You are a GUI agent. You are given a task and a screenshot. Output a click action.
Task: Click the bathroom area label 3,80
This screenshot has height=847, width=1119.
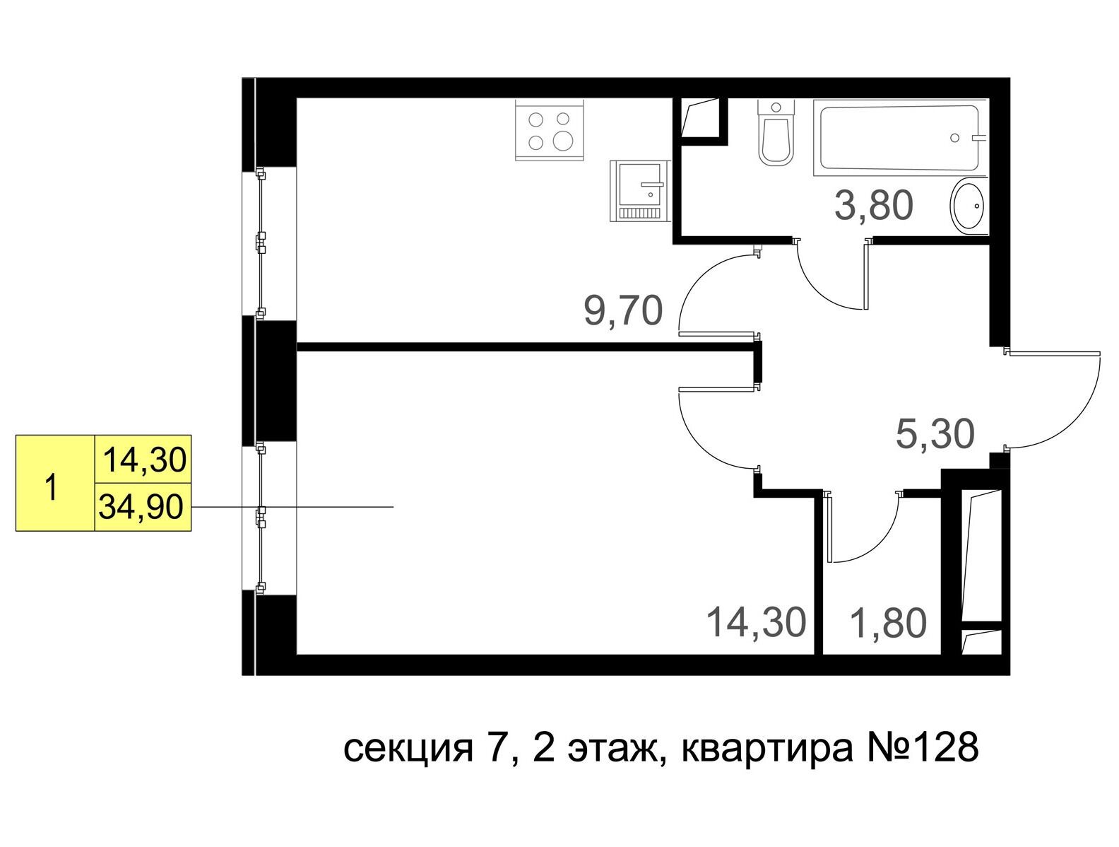[x=873, y=205]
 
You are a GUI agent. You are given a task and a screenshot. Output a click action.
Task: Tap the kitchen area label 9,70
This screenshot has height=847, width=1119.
[x=623, y=311]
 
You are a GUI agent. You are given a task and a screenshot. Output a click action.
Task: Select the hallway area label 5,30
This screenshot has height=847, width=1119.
[x=935, y=433]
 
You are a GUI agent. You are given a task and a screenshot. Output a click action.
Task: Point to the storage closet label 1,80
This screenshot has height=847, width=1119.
[x=889, y=623]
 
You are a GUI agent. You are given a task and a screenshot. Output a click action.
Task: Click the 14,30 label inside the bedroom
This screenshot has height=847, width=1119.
[x=757, y=623]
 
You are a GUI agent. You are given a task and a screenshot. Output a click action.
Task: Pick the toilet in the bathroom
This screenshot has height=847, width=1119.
[x=776, y=133]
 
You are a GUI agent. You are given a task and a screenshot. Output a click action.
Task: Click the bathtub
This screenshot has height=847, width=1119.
[x=900, y=138]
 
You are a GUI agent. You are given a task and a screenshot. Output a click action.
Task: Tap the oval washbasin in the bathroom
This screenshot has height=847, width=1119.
[x=967, y=206]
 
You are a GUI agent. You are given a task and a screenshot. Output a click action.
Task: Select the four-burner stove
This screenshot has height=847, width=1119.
[x=549, y=131]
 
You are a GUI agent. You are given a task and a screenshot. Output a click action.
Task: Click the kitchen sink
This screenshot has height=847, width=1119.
[x=640, y=192]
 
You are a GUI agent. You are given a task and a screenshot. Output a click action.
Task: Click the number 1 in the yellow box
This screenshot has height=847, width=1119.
[x=50, y=487]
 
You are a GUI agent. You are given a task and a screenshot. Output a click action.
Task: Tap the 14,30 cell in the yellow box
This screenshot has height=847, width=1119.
[x=145, y=460]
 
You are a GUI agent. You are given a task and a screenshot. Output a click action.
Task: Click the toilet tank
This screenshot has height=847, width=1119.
[x=776, y=109]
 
